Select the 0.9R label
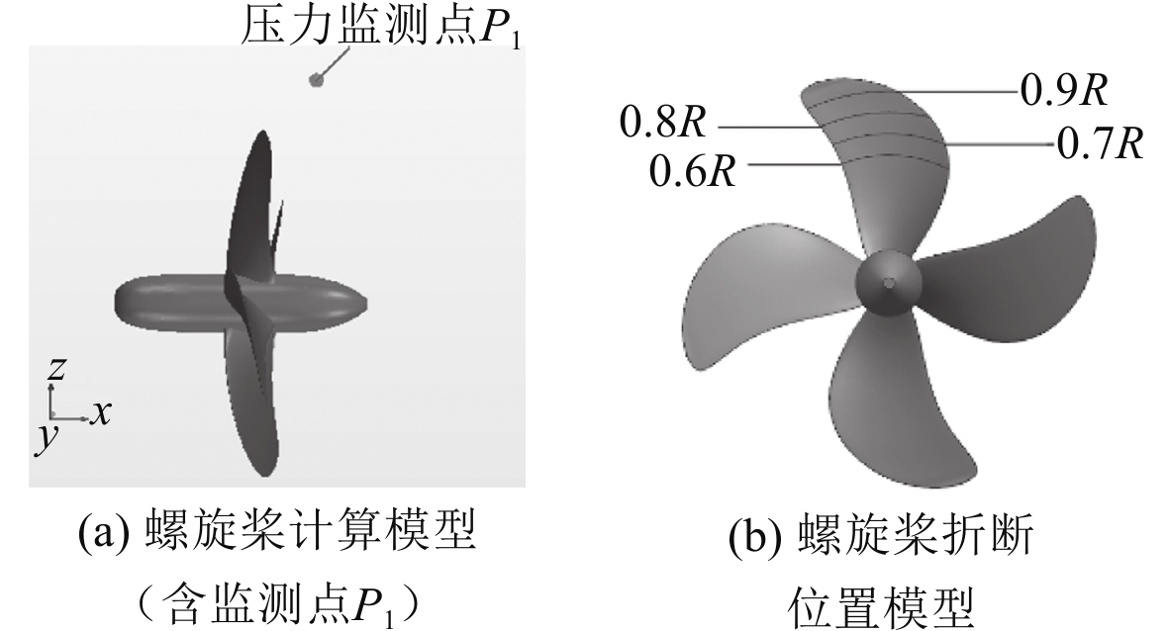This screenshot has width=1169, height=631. point(1063,90)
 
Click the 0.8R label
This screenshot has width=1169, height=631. point(663,124)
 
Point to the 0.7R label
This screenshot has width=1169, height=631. point(1100,144)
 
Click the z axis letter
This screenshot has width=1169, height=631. point(56,370)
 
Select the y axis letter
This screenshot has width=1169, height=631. point(45,438)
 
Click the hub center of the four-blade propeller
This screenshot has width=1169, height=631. point(889,284)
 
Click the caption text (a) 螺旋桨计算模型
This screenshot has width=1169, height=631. point(277,534)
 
